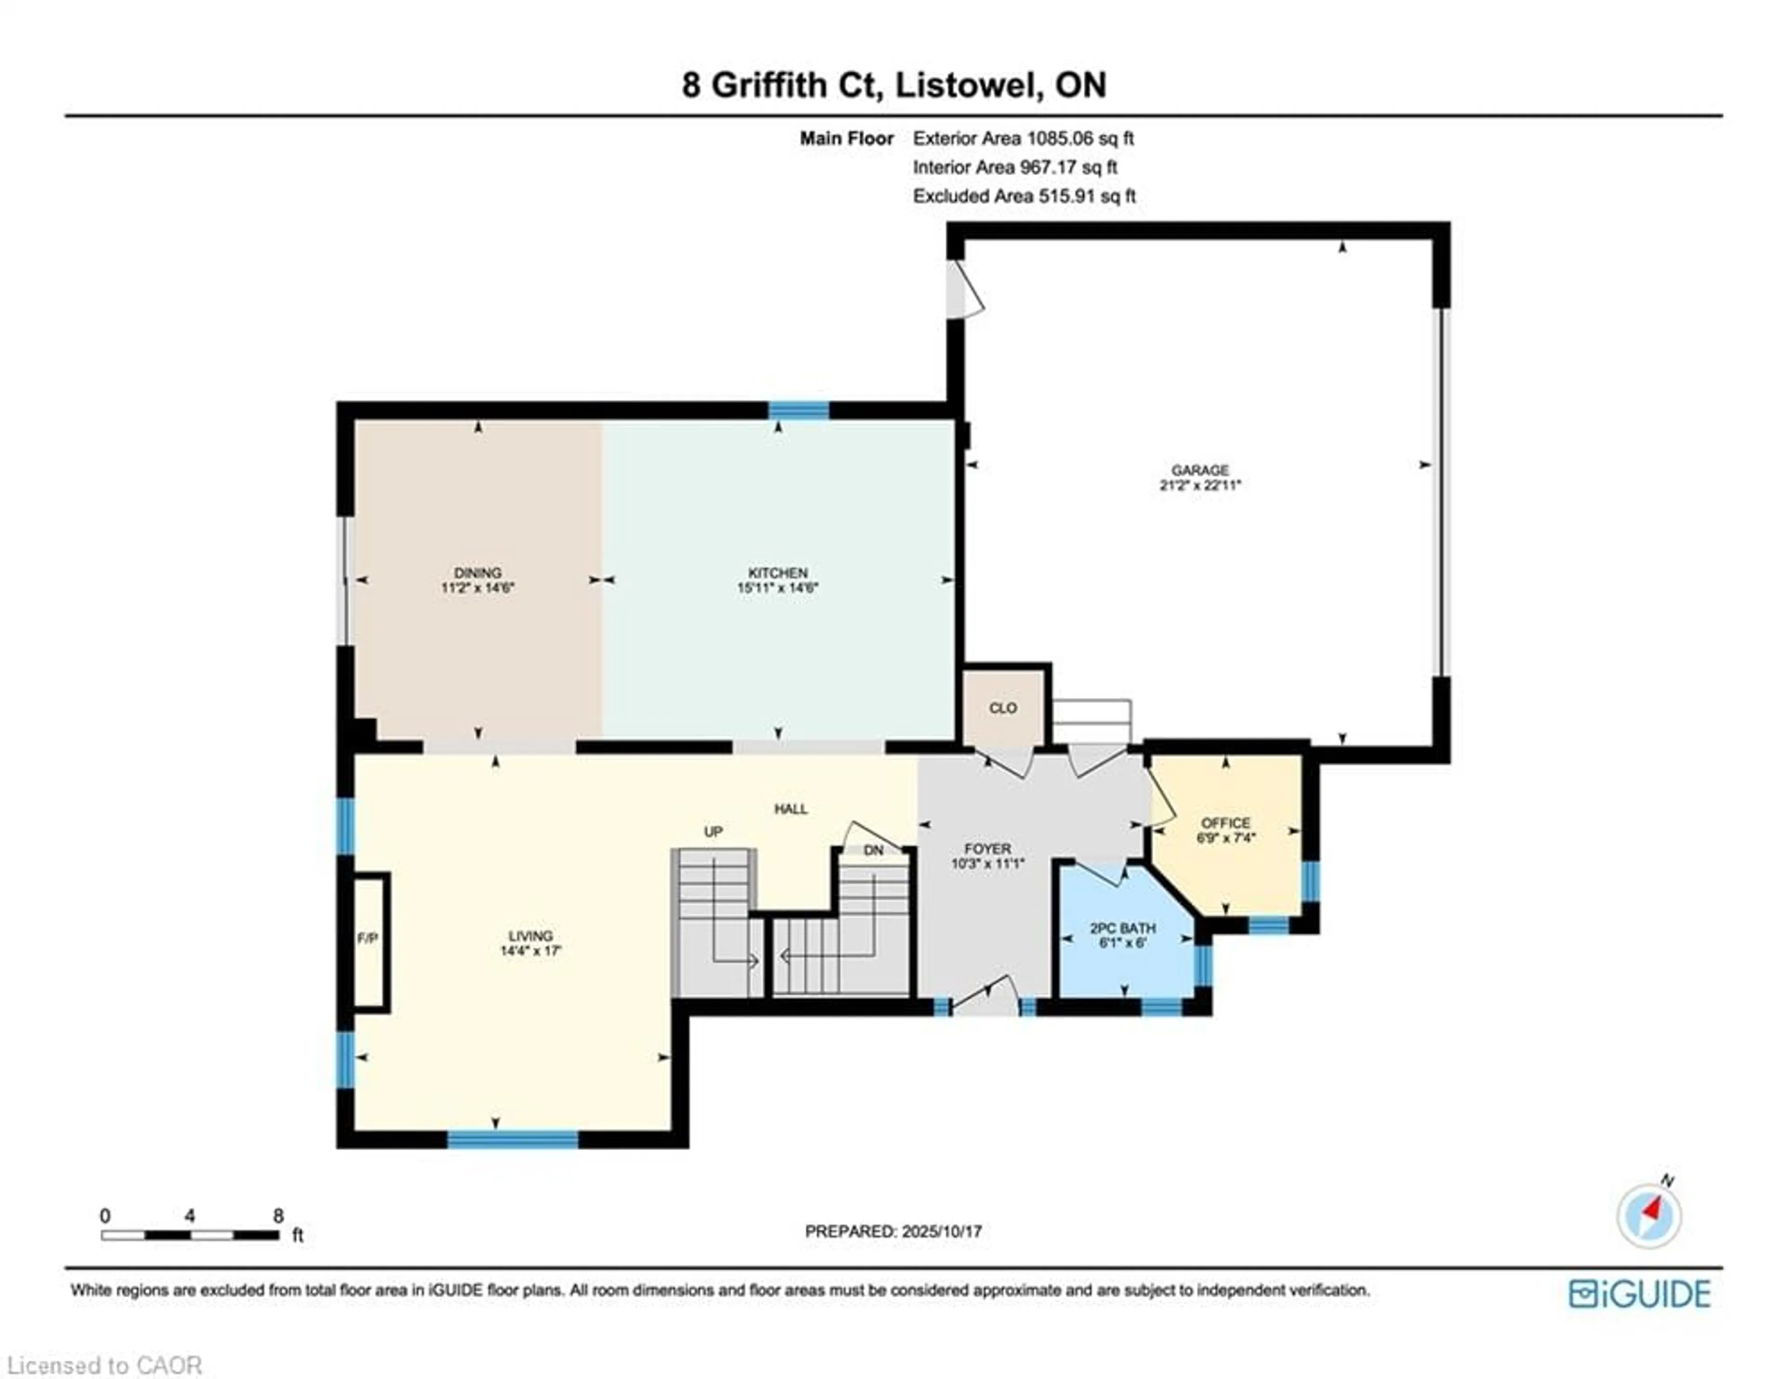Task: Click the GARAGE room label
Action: (1200, 470)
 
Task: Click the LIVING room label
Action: (531, 936)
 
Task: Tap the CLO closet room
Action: (1003, 708)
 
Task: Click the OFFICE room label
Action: (1225, 823)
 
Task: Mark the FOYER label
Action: (987, 849)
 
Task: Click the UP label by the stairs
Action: (713, 832)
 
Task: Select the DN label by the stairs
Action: (873, 850)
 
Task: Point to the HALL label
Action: (791, 809)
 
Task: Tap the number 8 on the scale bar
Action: (278, 1215)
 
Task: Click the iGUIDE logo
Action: (1639, 1294)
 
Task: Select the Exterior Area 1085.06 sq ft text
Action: (1023, 138)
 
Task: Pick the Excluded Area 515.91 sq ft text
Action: (1024, 196)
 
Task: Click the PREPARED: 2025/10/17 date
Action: (893, 1231)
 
